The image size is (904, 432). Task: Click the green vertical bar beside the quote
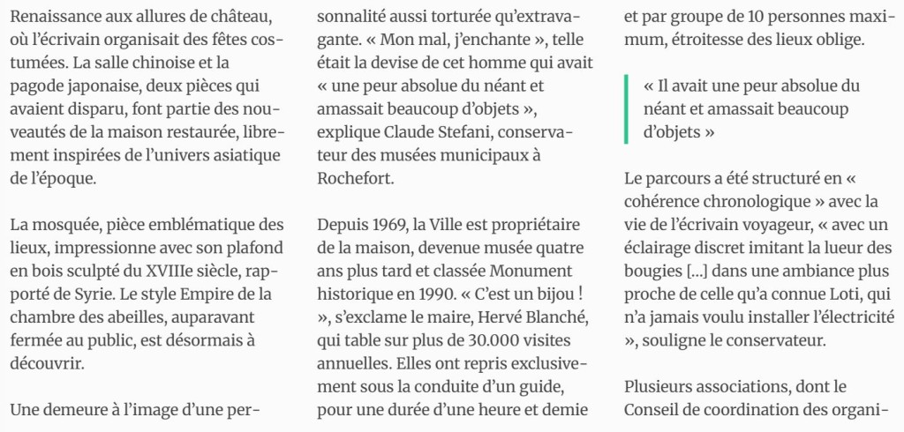pos(626,109)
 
